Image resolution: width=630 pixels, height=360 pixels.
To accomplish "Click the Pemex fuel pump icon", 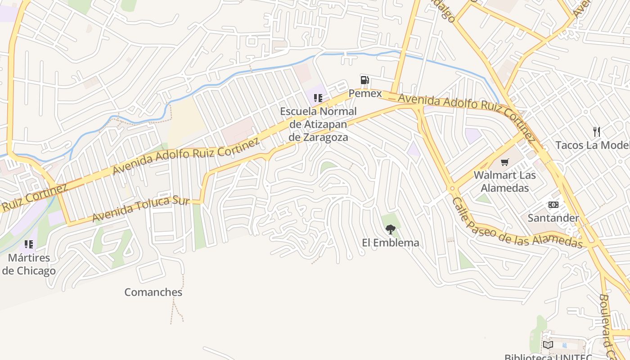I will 364,81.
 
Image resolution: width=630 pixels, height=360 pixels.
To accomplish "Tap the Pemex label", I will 365,94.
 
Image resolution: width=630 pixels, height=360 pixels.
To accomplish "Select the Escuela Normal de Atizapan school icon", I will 318,98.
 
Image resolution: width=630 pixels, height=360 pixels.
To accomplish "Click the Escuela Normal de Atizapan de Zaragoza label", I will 318,124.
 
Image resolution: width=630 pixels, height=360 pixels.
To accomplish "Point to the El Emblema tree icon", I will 390,229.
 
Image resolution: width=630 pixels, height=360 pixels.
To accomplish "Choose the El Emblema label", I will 390,243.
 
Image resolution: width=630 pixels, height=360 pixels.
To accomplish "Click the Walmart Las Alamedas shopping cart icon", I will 505,162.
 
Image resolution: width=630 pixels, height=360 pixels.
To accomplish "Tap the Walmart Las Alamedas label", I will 504,181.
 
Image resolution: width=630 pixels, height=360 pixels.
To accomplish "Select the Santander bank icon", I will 553,205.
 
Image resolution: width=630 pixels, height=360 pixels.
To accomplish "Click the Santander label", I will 553,218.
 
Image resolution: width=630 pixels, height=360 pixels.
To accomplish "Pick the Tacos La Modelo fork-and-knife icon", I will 597,132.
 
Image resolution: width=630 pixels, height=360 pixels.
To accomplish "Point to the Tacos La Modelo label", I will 592,145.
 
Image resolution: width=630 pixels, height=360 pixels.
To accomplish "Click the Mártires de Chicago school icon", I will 29,244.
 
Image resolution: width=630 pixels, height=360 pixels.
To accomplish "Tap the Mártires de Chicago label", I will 29,265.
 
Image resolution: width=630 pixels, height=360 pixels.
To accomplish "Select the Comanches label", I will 153,292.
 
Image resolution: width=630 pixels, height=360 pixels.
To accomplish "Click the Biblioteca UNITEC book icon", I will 548,345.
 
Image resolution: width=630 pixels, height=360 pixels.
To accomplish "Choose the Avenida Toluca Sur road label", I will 140,208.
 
